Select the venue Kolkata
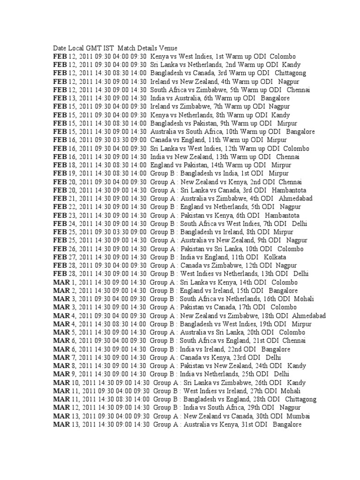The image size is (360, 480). (275, 257)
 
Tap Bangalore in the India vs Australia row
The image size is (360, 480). (275, 98)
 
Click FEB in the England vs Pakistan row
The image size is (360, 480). (60, 165)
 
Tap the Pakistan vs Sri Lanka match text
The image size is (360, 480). (208, 249)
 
